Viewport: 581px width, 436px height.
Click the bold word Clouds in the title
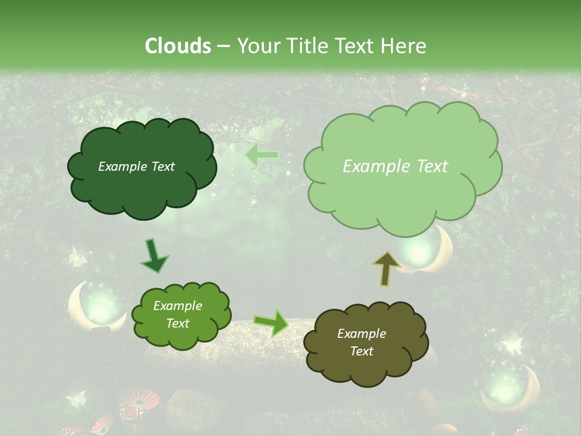point(177,46)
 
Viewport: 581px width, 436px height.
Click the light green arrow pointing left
point(261,155)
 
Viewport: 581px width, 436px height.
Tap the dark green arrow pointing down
point(154,256)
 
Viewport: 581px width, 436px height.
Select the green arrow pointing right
point(271,322)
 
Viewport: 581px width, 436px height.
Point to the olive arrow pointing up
point(387,268)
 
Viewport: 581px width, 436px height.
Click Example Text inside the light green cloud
point(395,167)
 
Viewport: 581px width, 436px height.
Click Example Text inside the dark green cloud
point(136,167)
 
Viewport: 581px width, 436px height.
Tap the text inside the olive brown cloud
point(361,342)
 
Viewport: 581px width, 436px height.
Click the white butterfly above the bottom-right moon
point(512,346)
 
